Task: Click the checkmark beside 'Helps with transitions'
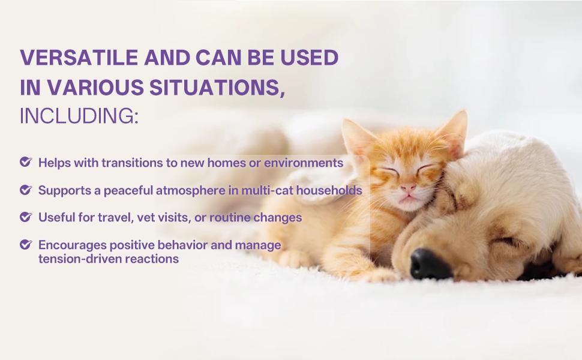25,162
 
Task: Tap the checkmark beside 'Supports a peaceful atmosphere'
25,190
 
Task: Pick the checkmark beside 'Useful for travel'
25,217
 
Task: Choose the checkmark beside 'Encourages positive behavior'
25,245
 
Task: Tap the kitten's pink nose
408,188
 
